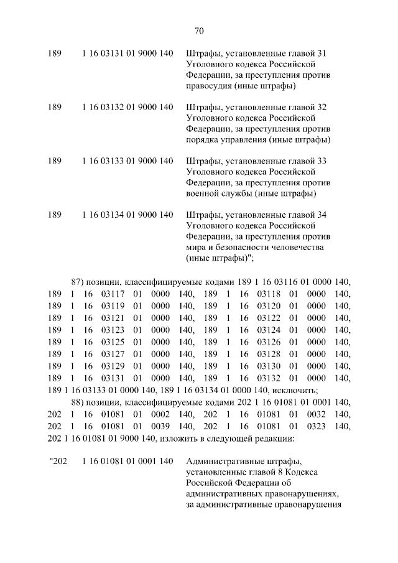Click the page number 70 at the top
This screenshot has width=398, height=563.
[x=199, y=31]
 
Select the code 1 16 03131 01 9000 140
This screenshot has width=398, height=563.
[x=127, y=54]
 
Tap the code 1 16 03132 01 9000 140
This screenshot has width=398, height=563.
[x=127, y=108]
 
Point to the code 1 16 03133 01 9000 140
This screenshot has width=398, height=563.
[x=127, y=161]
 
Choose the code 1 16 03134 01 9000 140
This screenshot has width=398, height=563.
[x=127, y=215]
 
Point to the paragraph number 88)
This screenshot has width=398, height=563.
[x=78, y=402]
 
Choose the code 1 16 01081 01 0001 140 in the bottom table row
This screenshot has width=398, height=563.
[x=127, y=461]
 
